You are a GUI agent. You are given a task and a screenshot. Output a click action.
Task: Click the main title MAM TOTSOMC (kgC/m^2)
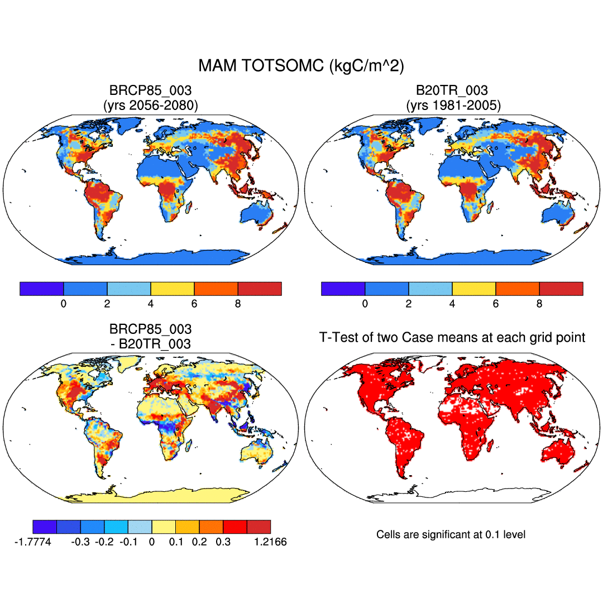pyautogui.click(x=301, y=66)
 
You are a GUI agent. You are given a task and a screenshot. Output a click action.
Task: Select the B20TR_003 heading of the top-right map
pyautogui.click(x=452, y=90)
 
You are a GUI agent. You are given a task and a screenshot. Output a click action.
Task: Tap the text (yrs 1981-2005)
pyautogui.click(x=452, y=104)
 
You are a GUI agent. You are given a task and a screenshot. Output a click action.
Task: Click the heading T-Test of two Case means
pyautogui.click(x=452, y=337)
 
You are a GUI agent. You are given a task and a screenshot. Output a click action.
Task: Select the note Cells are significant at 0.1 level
pyautogui.click(x=451, y=535)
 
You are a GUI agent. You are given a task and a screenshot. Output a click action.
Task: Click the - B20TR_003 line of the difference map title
pyautogui.click(x=150, y=344)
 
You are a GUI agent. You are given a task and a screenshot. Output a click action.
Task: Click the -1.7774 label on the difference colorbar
pyautogui.click(x=33, y=542)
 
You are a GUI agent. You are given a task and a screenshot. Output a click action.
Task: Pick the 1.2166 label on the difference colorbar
pyautogui.click(x=270, y=542)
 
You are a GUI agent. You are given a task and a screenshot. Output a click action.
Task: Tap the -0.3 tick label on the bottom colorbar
pyautogui.click(x=81, y=542)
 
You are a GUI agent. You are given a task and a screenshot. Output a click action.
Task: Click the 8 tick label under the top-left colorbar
pyautogui.click(x=238, y=304)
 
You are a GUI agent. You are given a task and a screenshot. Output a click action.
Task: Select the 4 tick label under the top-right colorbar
pyautogui.click(x=452, y=304)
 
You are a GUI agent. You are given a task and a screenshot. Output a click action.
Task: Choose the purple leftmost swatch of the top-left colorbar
pyautogui.click(x=41, y=289)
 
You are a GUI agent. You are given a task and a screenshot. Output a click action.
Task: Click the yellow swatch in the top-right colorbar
pyautogui.click(x=474, y=289)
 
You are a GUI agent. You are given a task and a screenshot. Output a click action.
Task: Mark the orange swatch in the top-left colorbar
pyautogui.click(x=216, y=289)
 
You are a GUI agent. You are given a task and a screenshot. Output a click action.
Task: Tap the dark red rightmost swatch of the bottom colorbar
pyautogui.click(x=259, y=527)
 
